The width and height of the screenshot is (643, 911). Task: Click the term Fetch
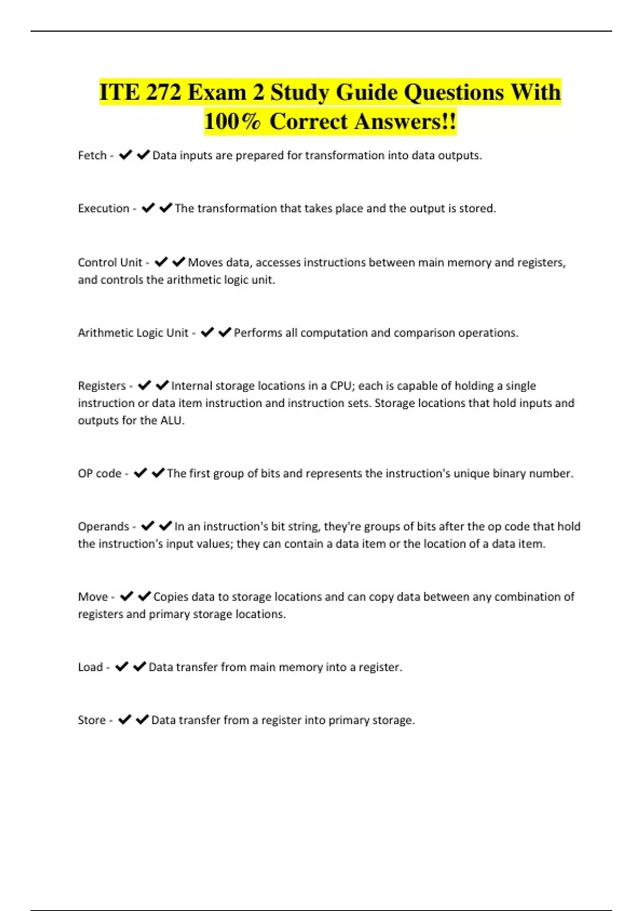tap(92, 155)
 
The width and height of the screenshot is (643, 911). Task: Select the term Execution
tap(103, 208)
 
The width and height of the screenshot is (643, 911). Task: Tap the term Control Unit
tap(110, 263)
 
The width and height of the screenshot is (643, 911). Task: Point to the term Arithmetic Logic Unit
tap(133, 333)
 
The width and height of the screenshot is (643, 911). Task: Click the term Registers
tap(102, 386)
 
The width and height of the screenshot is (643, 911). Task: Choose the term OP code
tap(100, 474)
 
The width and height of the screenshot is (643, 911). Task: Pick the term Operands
tap(103, 527)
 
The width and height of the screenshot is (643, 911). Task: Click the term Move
tap(93, 597)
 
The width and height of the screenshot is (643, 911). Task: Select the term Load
tap(90, 667)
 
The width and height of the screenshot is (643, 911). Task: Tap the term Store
tap(92, 720)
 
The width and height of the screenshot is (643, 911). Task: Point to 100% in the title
tap(232, 122)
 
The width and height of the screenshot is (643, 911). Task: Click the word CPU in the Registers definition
tap(341, 386)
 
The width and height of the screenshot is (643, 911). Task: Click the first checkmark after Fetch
tap(125, 155)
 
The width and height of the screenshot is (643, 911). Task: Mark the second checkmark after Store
tap(143, 720)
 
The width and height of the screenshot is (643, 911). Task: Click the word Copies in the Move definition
tap(170, 597)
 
